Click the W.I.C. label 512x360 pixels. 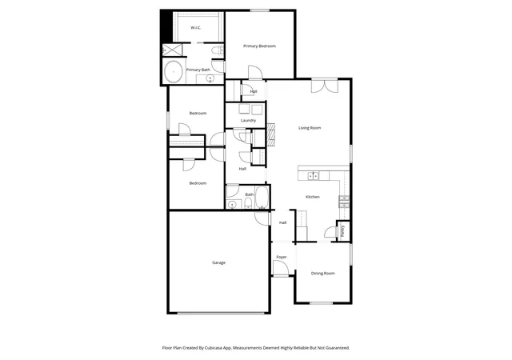coord(195,28)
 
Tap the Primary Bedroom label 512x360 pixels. coord(259,46)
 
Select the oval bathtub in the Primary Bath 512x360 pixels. coord(173,72)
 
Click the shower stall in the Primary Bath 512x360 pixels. coord(172,50)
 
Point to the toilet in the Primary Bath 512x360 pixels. coord(217,50)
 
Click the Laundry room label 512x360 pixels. coord(248,121)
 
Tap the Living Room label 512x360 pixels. coord(310,128)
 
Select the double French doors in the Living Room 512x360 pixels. coord(324,86)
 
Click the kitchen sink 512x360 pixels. coord(314,176)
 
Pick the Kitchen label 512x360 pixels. coord(313,197)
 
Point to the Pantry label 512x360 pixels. coord(342,231)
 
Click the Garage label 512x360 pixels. coord(218,262)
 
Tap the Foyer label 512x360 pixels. coord(282,257)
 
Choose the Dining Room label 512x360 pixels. coord(323,274)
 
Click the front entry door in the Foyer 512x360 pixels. coord(280,269)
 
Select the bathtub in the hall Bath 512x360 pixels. coord(262,197)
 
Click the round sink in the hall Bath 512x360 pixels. coord(231,205)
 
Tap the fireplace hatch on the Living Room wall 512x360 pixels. coord(271,134)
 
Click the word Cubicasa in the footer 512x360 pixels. coord(214,348)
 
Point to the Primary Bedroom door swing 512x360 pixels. coord(255,72)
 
